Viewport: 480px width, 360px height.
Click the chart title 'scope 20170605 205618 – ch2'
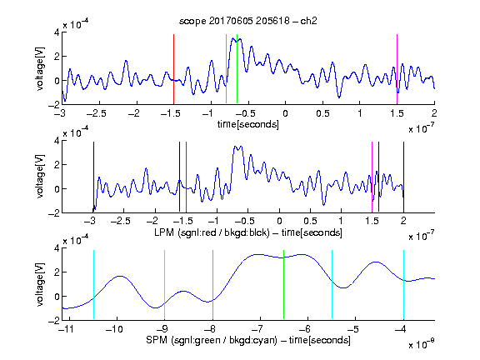click(x=248, y=21)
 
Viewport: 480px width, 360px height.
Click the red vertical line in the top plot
click(x=174, y=69)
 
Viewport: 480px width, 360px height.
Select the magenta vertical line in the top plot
click(x=397, y=69)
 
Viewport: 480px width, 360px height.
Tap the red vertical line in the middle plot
click(x=186, y=177)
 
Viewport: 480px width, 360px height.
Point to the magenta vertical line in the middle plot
click(x=372, y=177)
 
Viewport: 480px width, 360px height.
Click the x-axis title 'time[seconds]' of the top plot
click(x=248, y=124)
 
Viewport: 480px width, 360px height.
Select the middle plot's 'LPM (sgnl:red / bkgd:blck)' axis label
click(x=212, y=232)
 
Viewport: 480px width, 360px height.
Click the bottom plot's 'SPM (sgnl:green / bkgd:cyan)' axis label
click(x=212, y=340)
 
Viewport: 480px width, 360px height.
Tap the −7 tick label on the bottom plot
click(x=259, y=329)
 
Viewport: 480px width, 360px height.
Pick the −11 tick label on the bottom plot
click(x=67, y=329)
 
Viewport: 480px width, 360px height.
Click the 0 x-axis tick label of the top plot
click(x=285, y=113)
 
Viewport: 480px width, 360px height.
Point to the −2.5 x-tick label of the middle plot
click(x=120, y=221)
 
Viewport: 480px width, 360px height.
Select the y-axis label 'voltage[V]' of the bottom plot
click(x=40, y=285)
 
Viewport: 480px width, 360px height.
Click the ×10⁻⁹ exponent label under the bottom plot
click(x=421, y=344)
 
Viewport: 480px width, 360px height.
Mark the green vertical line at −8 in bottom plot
click(x=212, y=285)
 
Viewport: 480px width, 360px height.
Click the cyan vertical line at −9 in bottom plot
click(x=165, y=285)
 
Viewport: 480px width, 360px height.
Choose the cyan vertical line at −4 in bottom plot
click(x=403, y=285)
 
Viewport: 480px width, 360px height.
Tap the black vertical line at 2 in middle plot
click(x=403, y=177)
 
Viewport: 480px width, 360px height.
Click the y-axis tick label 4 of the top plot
click(x=57, y=32)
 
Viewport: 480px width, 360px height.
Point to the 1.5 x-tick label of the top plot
click(x=397, y=113)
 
